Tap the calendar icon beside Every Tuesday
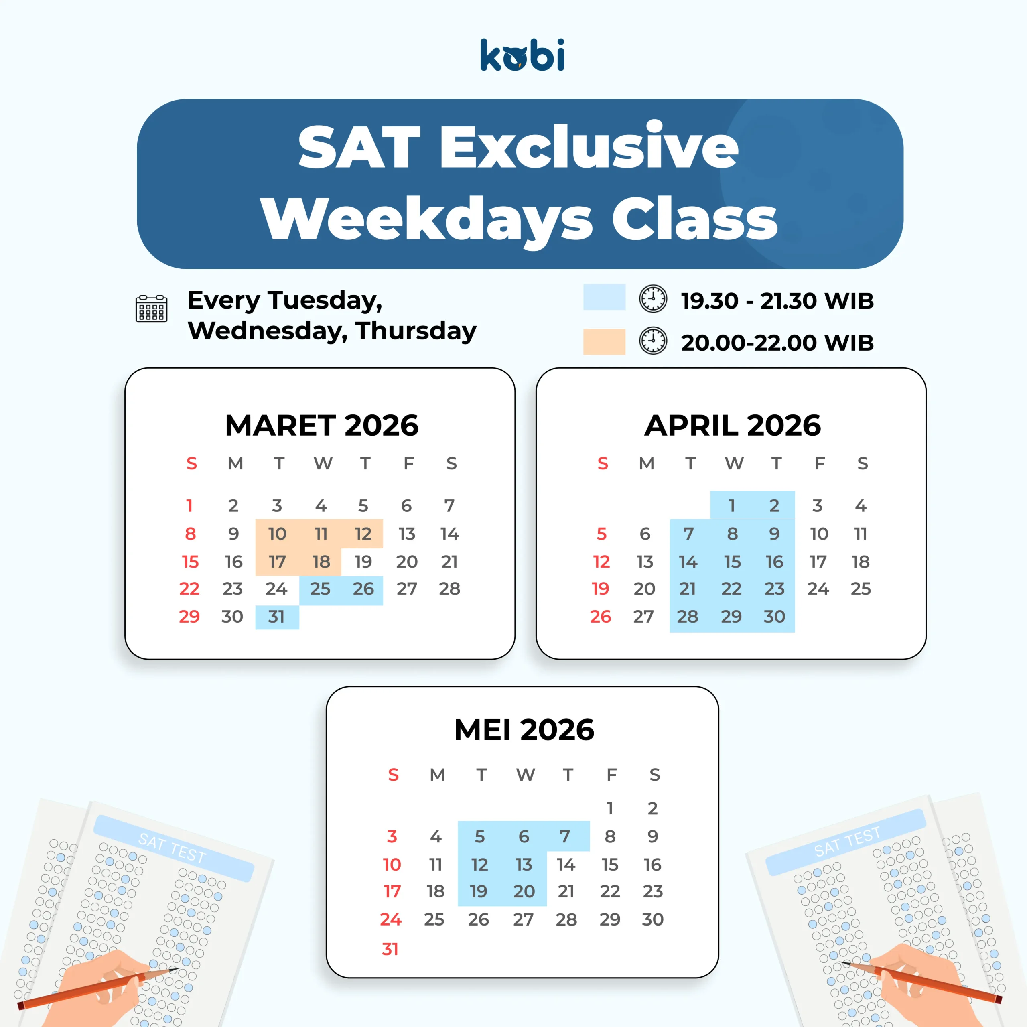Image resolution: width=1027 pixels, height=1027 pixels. tap(152, 309)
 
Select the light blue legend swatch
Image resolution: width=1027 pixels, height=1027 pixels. tap(605, 297)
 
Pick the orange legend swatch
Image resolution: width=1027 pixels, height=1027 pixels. tap(605, 342)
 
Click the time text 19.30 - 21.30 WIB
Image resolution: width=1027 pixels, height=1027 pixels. tap(777, 301)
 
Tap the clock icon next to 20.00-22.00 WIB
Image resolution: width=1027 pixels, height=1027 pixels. tap(653, 341)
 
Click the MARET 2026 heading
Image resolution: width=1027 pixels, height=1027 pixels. tap(322, 425)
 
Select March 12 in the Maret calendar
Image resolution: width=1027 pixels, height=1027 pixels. tap(363, 534)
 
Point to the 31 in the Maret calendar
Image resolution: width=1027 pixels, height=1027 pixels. tap(276, 617)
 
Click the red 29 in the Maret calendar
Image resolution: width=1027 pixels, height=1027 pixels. tap(189, 617)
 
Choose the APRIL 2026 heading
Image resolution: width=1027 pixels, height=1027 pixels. tap(733, 425)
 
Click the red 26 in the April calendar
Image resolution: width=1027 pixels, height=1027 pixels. tap(601, 617)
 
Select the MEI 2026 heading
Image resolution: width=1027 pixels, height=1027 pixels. tap(524, 729)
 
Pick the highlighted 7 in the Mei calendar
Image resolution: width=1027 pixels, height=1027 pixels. tap(565, 837)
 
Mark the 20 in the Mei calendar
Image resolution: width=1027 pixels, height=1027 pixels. tap(524, 891)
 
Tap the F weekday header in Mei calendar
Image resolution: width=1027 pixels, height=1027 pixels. tap(612, 775)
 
